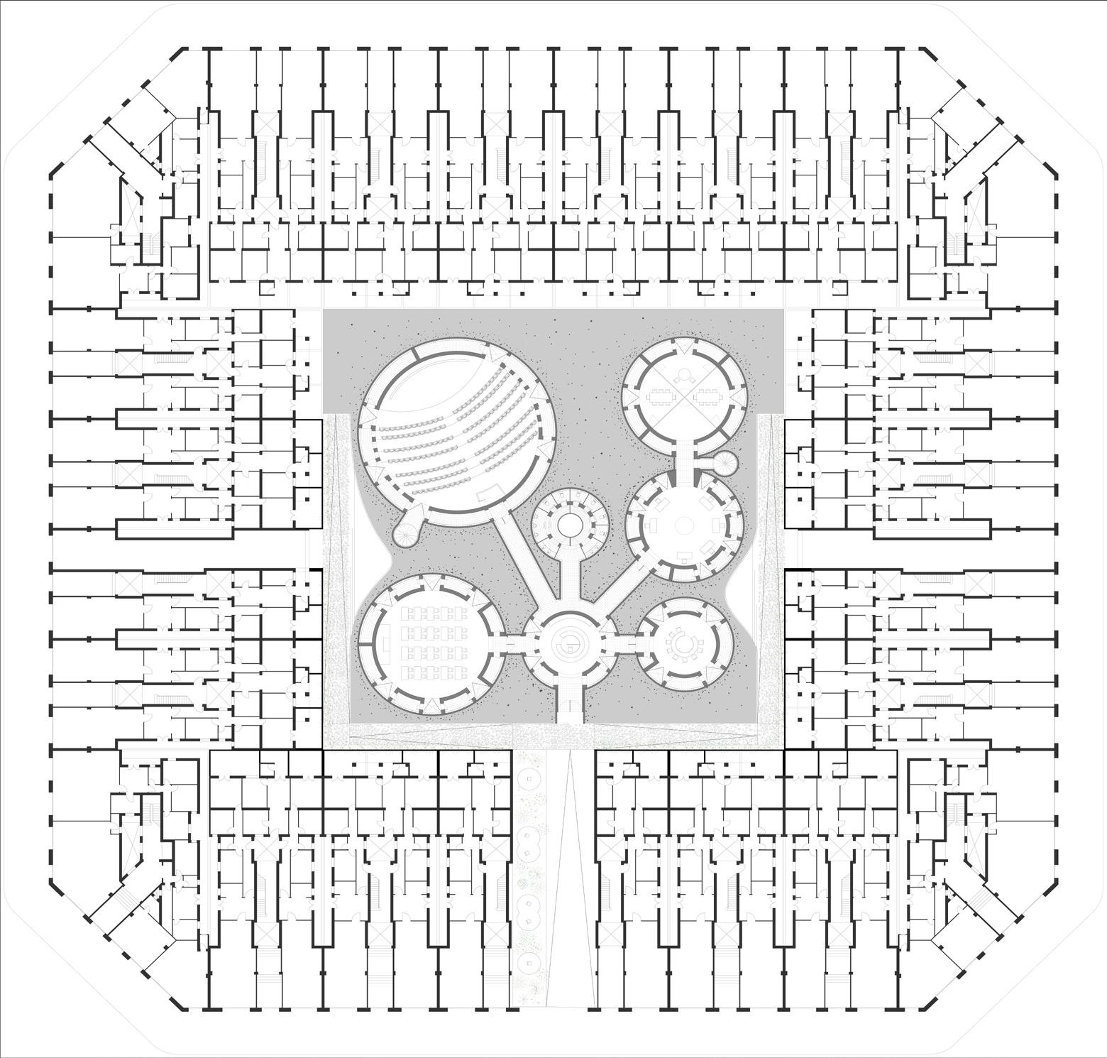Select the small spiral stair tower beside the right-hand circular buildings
coord(725,464)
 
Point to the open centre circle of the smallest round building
coord(570,525)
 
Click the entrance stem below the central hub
coord(569,703)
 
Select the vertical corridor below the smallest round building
coord(569,575)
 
